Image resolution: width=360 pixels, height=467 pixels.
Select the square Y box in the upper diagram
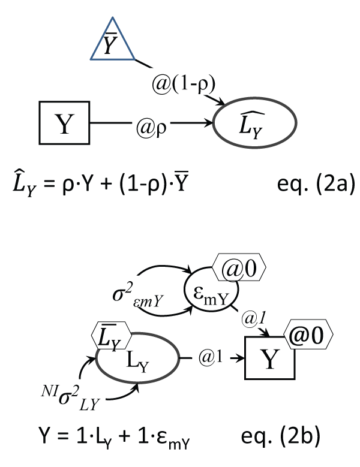click(63, 124)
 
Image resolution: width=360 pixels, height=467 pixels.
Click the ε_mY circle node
click(213, 295)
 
